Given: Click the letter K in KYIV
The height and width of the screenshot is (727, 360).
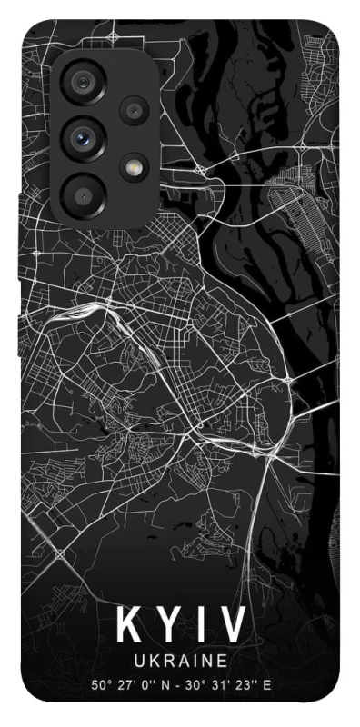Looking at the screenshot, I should click(x=128, y=626).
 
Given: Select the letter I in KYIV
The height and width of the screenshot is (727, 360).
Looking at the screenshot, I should click(x=202, y=626).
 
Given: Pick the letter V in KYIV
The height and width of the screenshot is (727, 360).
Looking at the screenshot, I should click(x=234, y=626).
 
